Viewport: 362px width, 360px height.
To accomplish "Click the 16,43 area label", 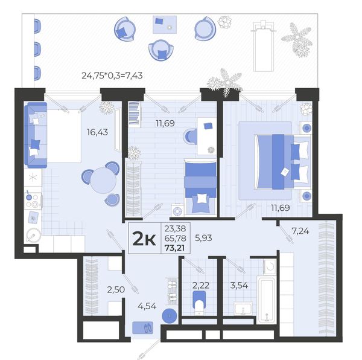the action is pos(97,132).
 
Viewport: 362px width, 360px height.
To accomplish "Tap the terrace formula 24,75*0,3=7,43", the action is pos(112,76).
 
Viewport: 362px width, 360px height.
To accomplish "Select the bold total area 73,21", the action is pos(175,248).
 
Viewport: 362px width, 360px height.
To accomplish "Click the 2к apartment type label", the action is pos(144,239).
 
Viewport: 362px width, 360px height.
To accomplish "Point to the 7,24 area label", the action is pos(300,231).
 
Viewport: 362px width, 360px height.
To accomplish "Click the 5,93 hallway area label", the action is pos(203,238).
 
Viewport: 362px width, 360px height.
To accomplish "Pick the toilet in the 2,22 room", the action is pos(199,303).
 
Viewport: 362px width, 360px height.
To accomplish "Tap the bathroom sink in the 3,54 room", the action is pos(243,308).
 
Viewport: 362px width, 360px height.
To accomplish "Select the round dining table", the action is pos(103,180).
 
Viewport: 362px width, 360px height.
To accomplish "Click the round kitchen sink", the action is pos(33,235).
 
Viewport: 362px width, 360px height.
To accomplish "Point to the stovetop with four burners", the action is pos(33,201).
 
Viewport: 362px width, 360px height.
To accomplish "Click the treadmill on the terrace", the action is pos(264,46).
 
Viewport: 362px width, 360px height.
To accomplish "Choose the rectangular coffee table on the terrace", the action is pos(165,24).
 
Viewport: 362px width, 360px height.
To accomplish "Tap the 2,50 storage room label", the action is pos(116,289).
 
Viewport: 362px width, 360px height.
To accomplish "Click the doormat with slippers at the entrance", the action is pos(142,327).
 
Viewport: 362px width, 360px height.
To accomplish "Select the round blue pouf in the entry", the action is pos(170,315).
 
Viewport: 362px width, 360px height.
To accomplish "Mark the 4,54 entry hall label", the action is pos(147,306).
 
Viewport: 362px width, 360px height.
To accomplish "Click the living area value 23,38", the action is pos(175,228).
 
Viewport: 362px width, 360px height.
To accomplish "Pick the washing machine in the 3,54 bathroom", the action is pos(270,267).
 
